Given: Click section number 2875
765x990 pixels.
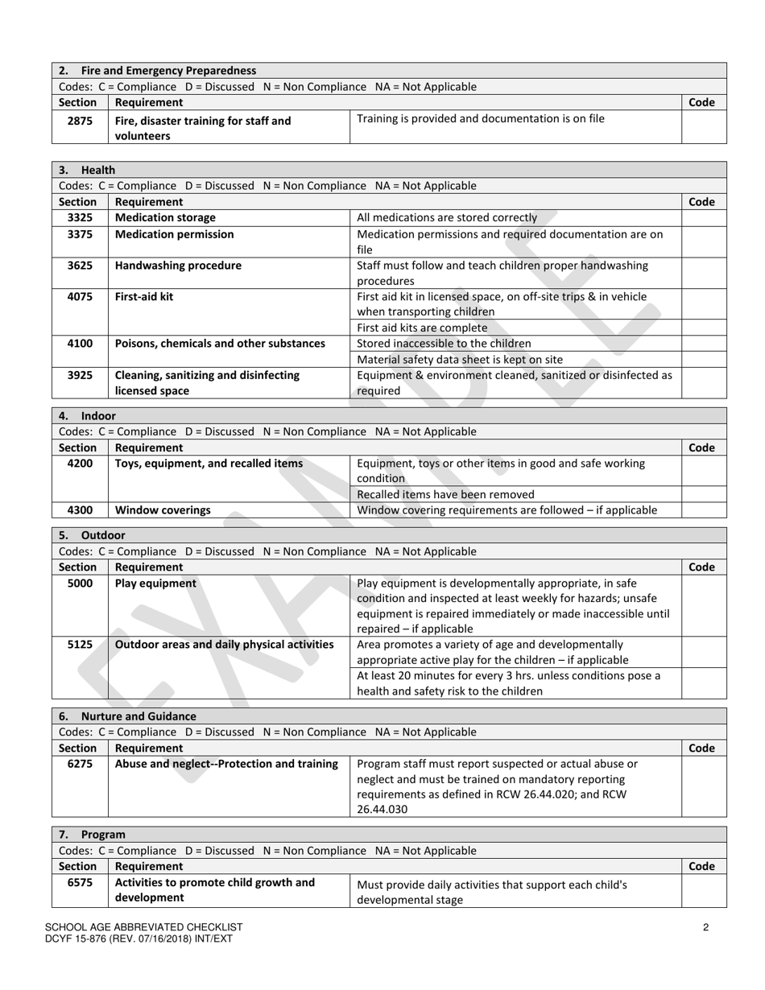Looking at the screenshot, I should pos(80,121).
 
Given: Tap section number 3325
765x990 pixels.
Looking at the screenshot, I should pos(80,217).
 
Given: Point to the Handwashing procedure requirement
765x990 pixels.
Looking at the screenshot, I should pos(178,265).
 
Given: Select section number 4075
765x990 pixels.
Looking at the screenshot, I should pos(80,296).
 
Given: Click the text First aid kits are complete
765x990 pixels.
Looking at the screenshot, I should pos(422,328).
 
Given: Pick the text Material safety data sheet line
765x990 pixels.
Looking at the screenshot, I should pos(460,360).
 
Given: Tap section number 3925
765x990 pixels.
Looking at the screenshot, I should pos(80,375).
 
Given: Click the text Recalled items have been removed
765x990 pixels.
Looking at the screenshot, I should pos(445,494).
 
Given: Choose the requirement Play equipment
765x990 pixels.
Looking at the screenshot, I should pos(155,584).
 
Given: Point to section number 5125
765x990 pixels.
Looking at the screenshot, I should pos(80,645).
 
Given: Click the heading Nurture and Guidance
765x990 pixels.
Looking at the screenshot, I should pos(139,716).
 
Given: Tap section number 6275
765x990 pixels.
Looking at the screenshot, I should pos(80,764).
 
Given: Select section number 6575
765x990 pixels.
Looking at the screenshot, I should pos(80,882).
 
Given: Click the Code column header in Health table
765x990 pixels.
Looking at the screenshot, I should pos(702,202).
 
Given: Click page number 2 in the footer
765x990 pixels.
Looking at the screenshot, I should pos(705,927).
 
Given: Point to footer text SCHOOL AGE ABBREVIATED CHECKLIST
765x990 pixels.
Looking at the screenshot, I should pos(144,927).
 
